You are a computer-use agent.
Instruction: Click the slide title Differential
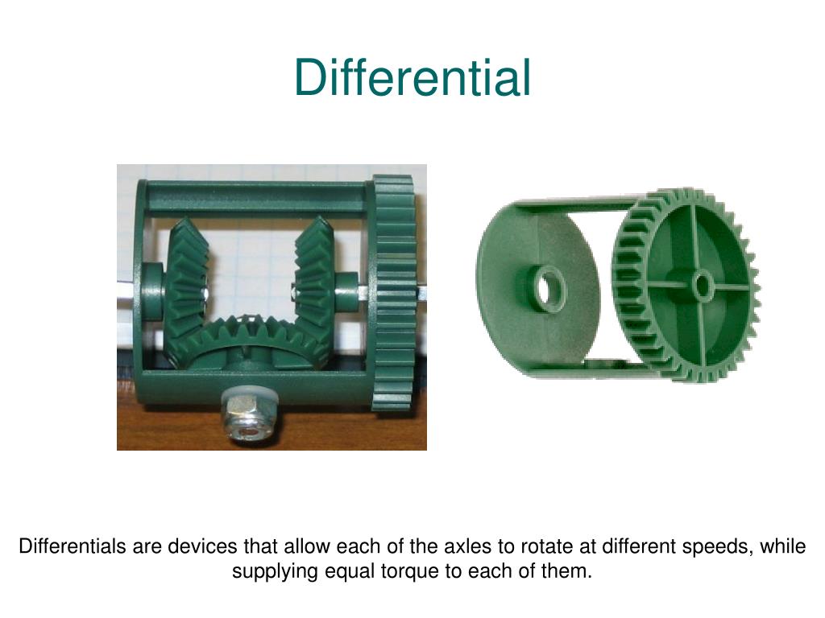412,78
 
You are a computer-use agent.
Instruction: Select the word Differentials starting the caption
72,547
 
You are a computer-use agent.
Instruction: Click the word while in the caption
783,547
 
